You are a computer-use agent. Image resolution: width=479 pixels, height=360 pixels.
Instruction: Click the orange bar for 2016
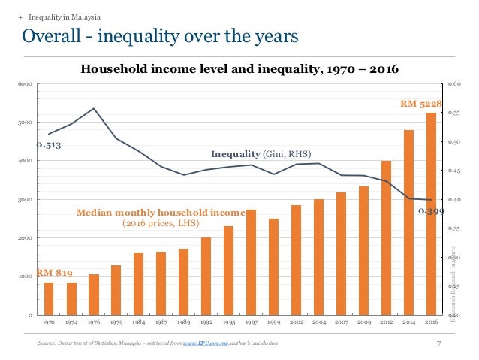(431, 213)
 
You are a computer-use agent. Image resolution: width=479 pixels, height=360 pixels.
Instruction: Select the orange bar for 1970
(49, 298)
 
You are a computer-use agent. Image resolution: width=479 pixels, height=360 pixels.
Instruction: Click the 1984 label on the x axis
(139, 322)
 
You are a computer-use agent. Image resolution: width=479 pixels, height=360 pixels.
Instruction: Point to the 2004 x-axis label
(319, 322)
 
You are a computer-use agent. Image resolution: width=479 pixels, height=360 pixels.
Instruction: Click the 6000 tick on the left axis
(25, 84)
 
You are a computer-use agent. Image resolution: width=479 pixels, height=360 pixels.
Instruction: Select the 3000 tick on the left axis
(25, 200)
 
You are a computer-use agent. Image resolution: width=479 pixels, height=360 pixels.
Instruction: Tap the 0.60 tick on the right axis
(453, 84)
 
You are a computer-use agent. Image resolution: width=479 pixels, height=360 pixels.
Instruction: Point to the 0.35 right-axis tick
(453, 228)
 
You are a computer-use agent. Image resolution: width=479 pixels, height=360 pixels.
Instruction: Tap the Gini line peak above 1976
(94, 108)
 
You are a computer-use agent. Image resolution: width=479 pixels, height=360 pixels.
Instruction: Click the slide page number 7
(438, 343)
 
